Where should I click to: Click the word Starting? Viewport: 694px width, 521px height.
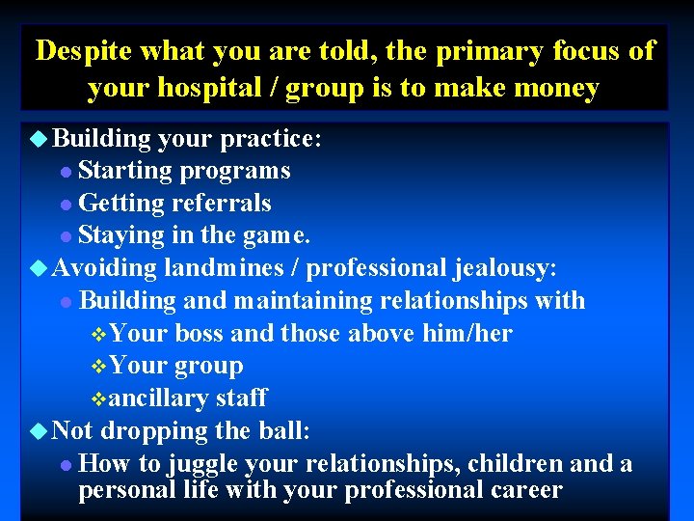[123, 171]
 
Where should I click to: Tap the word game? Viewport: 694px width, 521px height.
[275, 235]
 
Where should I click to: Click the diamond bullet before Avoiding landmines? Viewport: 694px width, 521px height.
[39, 268]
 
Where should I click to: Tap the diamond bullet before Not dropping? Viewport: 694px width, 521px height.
[39, 431]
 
